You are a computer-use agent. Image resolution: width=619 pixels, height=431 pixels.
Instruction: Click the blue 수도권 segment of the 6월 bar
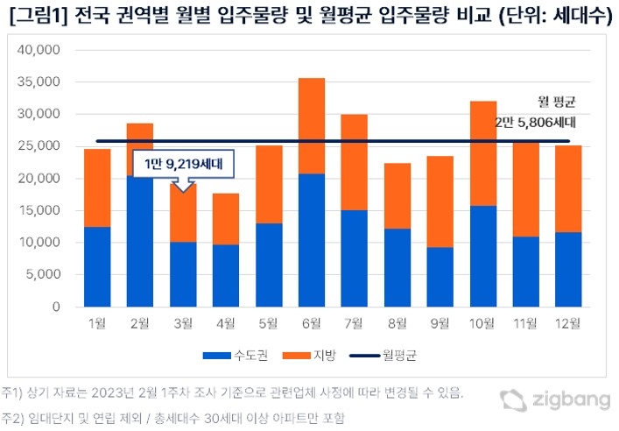[312, 240]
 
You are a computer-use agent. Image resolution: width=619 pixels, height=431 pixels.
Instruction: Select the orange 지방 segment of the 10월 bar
[483, 153]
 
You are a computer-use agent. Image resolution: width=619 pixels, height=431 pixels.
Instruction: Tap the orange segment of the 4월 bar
[226, 219]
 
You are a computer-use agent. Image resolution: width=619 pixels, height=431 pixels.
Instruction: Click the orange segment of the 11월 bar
[526, 188]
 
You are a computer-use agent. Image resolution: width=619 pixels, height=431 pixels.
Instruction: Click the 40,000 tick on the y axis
[38, 50]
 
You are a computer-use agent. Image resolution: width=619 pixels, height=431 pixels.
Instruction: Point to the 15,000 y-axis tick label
[38, 210]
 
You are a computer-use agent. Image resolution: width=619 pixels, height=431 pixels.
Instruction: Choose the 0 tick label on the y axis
[54, 307]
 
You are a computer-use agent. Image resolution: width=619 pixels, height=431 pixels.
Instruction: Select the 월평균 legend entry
[385, 356]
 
